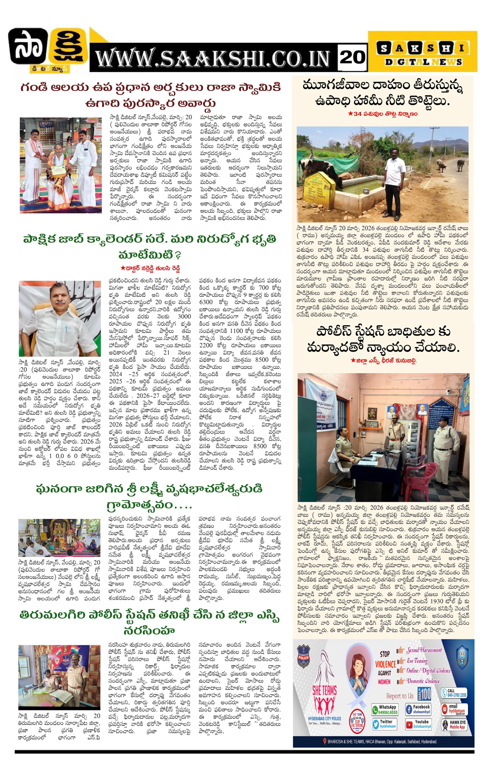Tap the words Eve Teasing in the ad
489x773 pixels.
[417, 661]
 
